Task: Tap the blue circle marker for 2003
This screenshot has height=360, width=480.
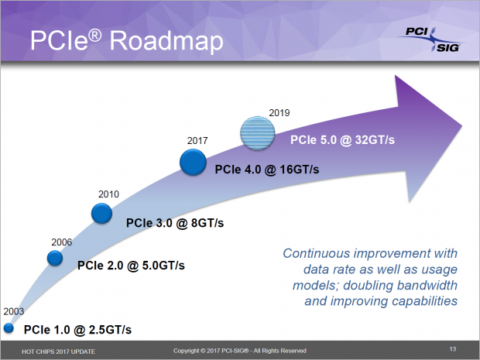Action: click(x=9, y=328)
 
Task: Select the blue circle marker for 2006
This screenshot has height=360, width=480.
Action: click(x=55, y=259)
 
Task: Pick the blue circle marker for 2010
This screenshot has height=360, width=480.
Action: click(x=102, y=214)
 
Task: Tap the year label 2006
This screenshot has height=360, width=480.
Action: click(x=62, y=242)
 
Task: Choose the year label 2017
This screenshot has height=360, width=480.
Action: click(x=198, y=141)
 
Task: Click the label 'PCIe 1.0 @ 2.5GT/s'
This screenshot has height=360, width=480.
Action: click(x=77, y=330)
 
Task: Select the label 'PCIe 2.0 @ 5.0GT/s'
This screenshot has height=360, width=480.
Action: click(x=130, y=265)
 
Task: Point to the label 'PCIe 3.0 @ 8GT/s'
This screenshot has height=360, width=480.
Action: click(x=175, y=223)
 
